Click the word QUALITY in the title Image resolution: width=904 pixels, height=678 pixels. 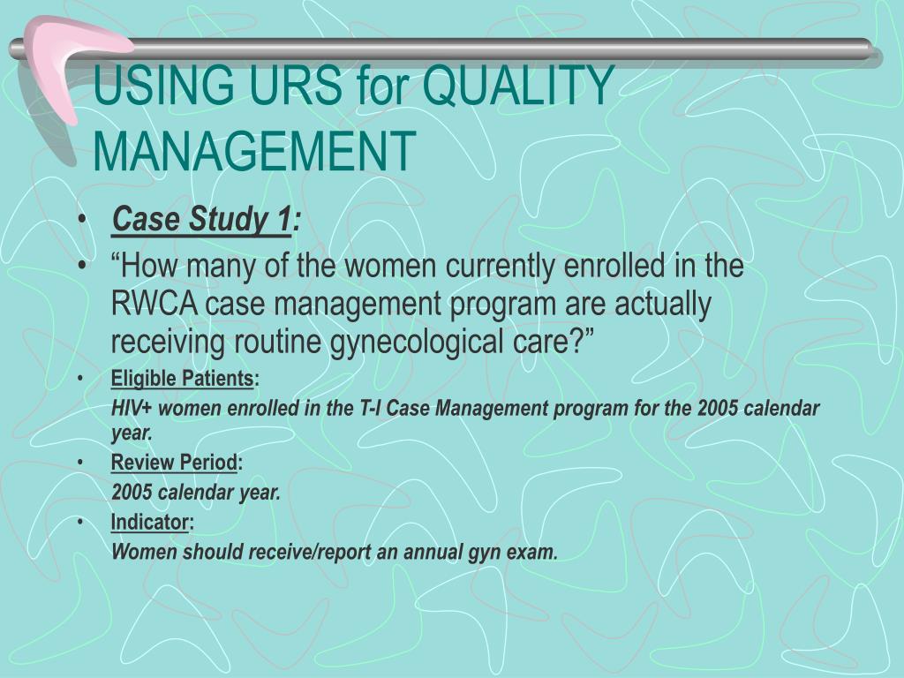pos(518,89)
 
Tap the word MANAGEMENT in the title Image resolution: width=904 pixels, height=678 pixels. pos(254,150)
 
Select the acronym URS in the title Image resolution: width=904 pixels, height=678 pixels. pos(292,89)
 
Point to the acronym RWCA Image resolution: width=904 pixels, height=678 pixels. pos(153,305)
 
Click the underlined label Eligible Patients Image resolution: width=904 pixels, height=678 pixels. pos(182,380)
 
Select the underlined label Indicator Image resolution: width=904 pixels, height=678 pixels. pos(149,523)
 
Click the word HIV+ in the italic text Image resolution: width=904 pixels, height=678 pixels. pos(132,409)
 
